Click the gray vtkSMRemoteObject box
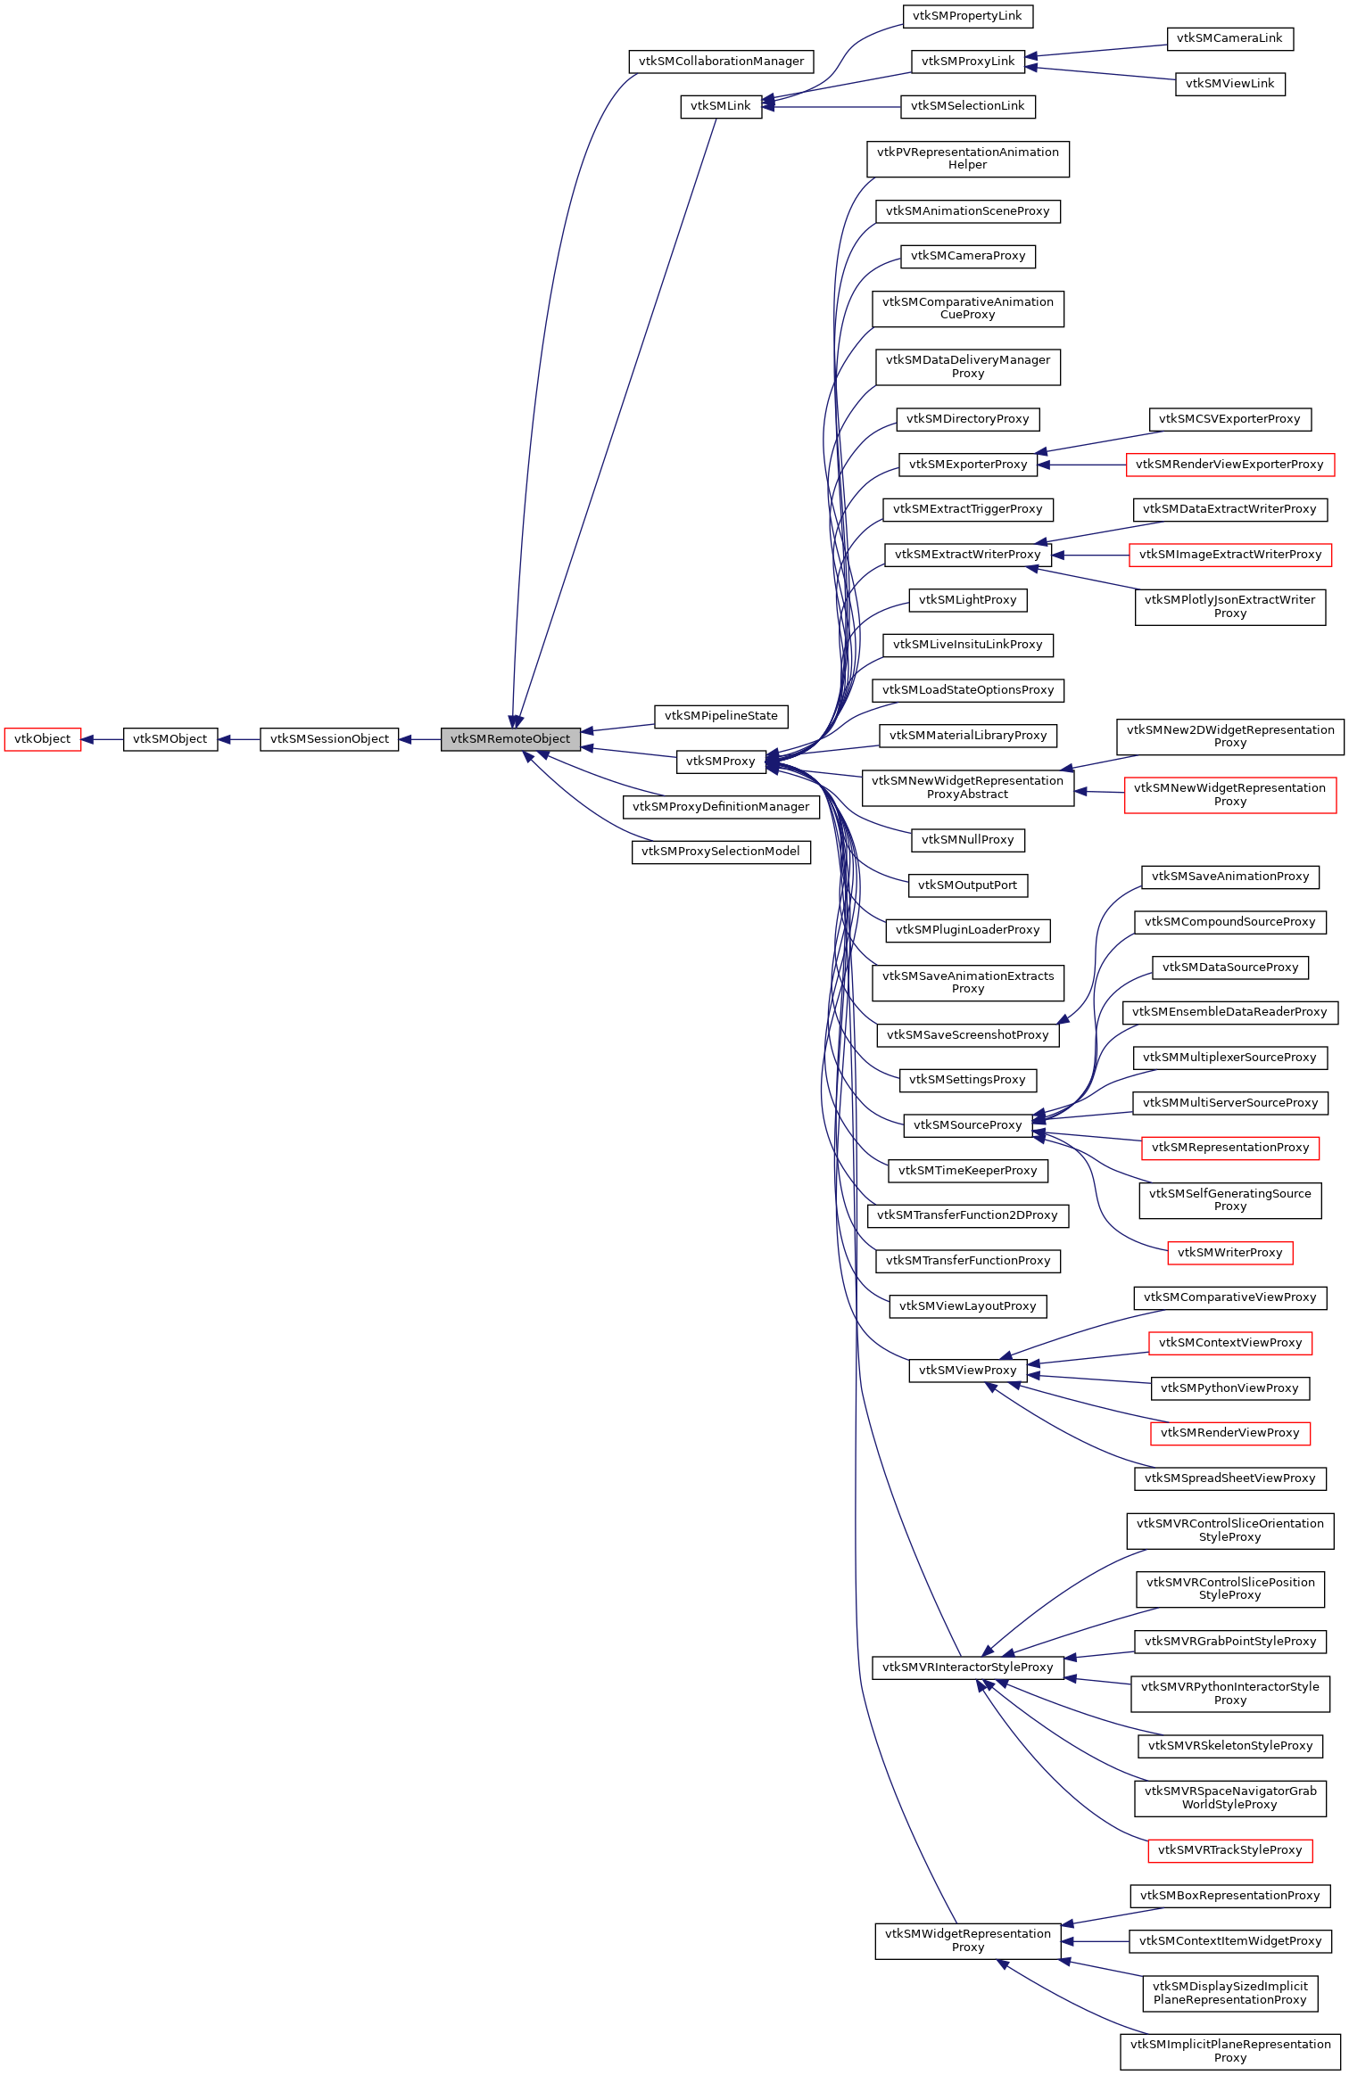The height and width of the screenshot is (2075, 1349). (x=510, y=739)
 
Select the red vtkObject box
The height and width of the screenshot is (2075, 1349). (x=42, y=739)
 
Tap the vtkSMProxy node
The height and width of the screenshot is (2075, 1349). (x=721, y=762)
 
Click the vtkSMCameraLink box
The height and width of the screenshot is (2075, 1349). (x=1229, y=38)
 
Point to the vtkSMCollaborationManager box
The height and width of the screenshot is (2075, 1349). (x=721, y=62)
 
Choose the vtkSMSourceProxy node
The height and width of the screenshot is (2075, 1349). (x=967, y=1125)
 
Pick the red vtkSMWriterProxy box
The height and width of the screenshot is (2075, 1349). (x=1229, y=1253)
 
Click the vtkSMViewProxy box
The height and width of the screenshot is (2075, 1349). (x=967, y=1371)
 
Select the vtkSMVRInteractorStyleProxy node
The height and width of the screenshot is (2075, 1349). (x=967, y=1667)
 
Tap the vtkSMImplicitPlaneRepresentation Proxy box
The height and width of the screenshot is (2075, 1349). (x=1229, y=2051)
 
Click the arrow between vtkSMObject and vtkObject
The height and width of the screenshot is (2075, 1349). (x=102, y=739)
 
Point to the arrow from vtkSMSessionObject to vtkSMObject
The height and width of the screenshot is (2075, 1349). (x=238, y=739)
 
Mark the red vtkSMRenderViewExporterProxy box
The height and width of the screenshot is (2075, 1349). (x=1229, y=465)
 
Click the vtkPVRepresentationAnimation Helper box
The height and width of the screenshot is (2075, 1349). (x=967, y=159)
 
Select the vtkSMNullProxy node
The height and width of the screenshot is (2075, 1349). (x=967, y=840)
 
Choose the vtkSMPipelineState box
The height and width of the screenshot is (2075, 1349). (x=721, y=716)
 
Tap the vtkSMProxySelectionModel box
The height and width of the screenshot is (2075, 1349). (x=721, y=852)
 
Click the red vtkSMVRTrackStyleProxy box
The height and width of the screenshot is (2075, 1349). (x=1229, y=1850)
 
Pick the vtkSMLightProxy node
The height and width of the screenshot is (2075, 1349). (x=967, y=600)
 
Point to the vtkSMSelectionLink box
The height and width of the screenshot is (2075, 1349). (x=967, y=106)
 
